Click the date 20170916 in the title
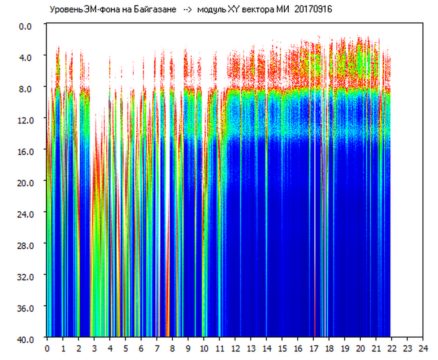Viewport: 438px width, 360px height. [313, 9]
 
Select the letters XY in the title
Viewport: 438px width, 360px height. [233, 9]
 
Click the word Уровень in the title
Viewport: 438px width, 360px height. [64, 9]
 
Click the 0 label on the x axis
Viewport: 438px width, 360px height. [47, 348]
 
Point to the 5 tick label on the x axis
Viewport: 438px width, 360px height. [125, 348]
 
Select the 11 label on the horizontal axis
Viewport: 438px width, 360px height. [219, 348]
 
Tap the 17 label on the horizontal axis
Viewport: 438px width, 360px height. [313, 348]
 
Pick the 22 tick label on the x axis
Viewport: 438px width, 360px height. [392, 348]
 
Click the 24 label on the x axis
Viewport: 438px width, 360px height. [423, 348]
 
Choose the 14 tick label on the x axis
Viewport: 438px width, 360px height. [267, 348]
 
